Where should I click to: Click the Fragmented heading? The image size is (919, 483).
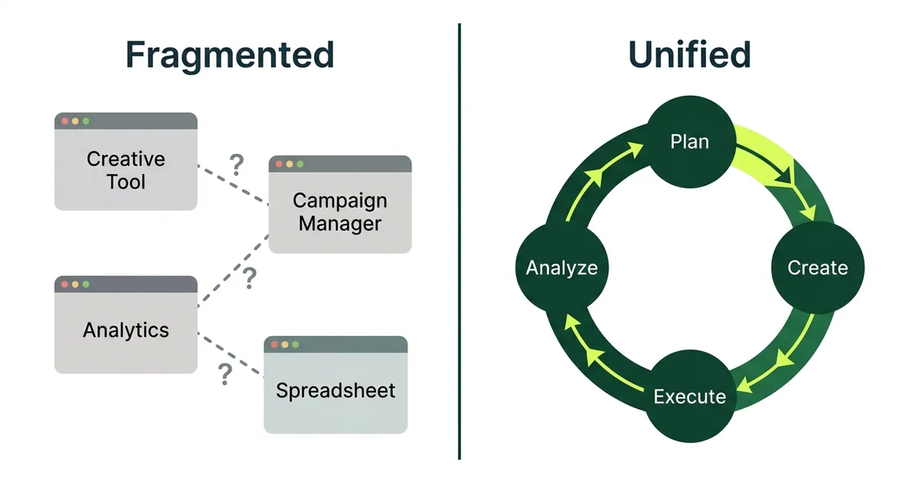[x=230, y=56]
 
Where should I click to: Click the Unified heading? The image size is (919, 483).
[x=689, y=56]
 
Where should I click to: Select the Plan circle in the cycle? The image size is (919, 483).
[x=689, y=142]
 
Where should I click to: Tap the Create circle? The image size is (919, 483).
[x=817, y=268]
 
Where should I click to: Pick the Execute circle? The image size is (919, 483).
[x=689, y=396]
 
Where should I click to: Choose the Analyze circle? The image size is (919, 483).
[x=561, y=268]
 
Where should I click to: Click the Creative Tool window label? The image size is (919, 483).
[x=126, y=170]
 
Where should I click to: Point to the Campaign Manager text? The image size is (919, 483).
[x=340, y=212]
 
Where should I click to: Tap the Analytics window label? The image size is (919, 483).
[x=126, y=330]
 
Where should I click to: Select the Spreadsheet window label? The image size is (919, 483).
[x=335, y=390]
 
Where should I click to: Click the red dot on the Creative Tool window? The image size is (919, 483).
[x=65, y=121]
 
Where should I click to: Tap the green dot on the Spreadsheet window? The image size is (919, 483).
[x=295, y=346]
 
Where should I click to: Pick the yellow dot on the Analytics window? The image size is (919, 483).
[x=75, y=284]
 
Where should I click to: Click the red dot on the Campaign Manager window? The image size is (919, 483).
[x=280, y=164]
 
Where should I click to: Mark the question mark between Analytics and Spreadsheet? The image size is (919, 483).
[x=224, y=374]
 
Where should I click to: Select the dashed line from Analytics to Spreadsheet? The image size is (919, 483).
[x=230, y=355]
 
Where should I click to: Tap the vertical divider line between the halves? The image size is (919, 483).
[x=459, y=242]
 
